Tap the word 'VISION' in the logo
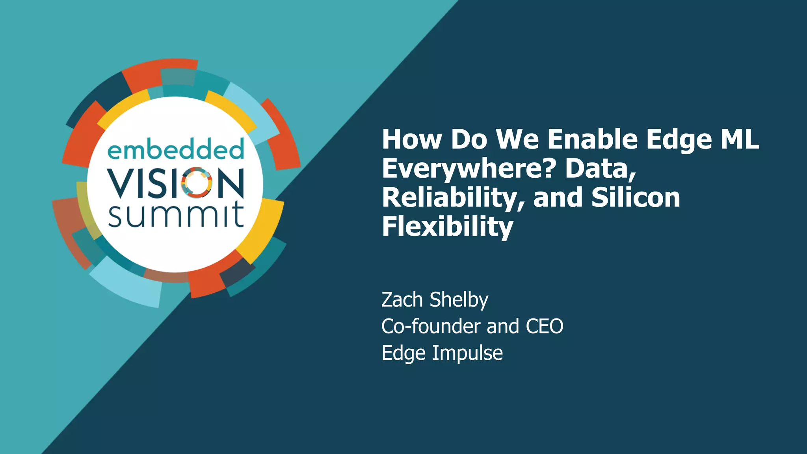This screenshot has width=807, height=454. tap(176, 183)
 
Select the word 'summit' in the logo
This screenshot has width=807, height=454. tap(176, 215)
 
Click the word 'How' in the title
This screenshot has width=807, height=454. tap(412, 140)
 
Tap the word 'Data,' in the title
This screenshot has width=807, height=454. tap(601, 169)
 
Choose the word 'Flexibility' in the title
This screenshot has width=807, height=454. tap(448, 227)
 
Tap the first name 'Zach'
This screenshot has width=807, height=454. tap(402, 300)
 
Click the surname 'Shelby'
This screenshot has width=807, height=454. tap(459, 301)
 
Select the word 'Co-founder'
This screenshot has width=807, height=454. tap(431, 327)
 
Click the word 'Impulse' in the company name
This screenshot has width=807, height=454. tap(467, 354)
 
